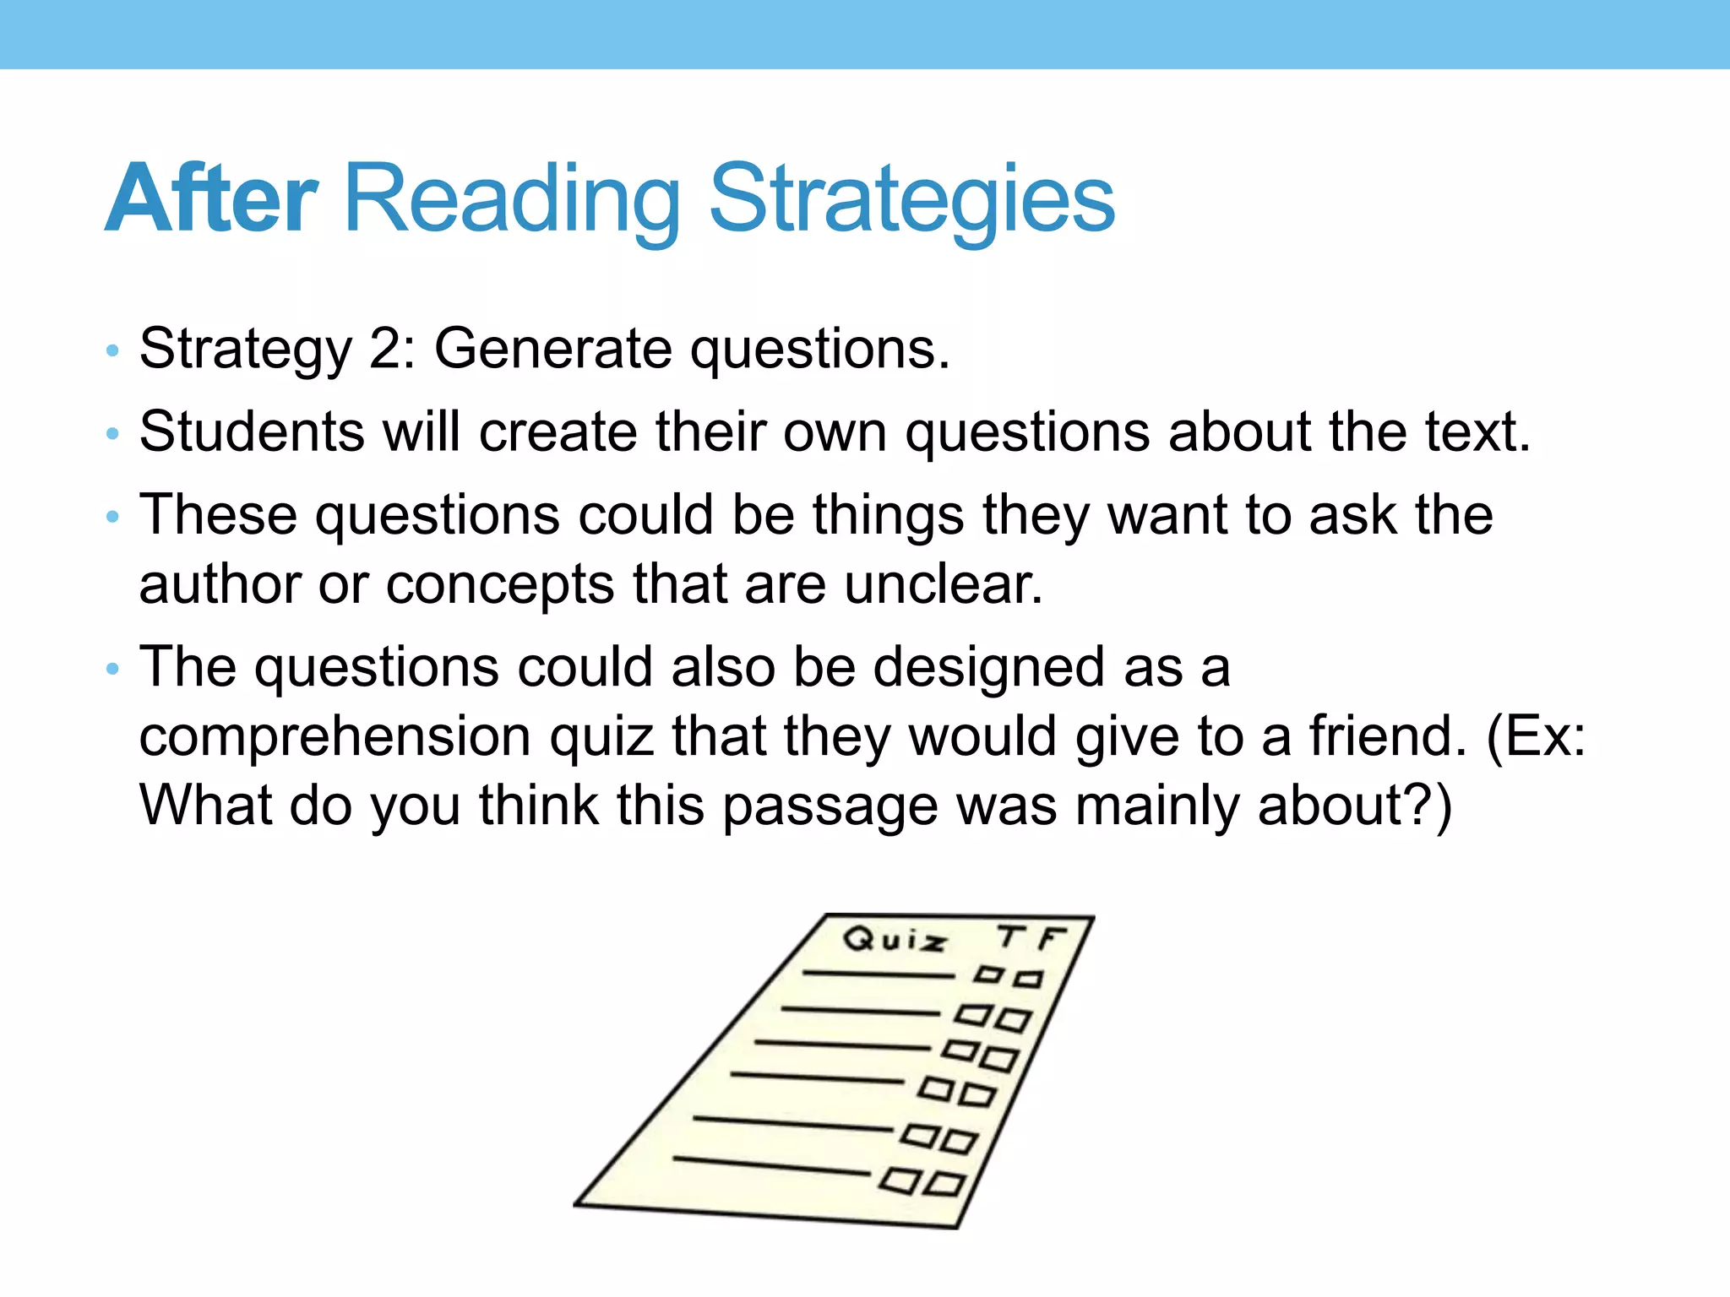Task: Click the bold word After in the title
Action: [x=211, y=199]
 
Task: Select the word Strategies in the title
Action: [x=912, y=199]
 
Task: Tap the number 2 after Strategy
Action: [x=387, y=348]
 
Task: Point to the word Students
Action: [x=252, y=431]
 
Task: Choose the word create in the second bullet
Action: [x=558, y=431]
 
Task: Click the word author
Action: [x=220, y=583]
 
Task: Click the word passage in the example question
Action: [x=830, y=806]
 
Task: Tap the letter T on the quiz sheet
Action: [x=1009, y=936]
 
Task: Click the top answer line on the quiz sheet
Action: [x=879, y=974]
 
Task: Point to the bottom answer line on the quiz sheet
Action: [x=770, y=1164]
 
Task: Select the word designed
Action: [x=987, y=667]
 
